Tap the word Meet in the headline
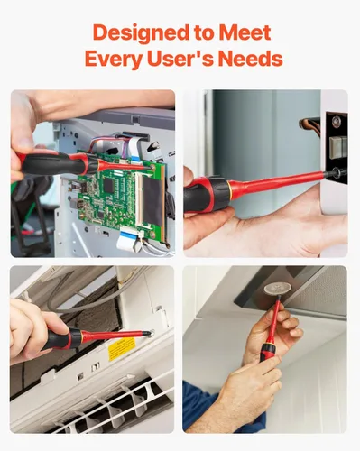[x=245, y=32]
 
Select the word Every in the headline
[x=114, y=59]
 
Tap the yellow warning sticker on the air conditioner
[x=122, y=348]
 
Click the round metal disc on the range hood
[x=274, y=289]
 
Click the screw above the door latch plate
[x=337, y=121]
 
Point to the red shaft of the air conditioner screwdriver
[x=115, y=336]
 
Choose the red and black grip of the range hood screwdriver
[x=267, y=352]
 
